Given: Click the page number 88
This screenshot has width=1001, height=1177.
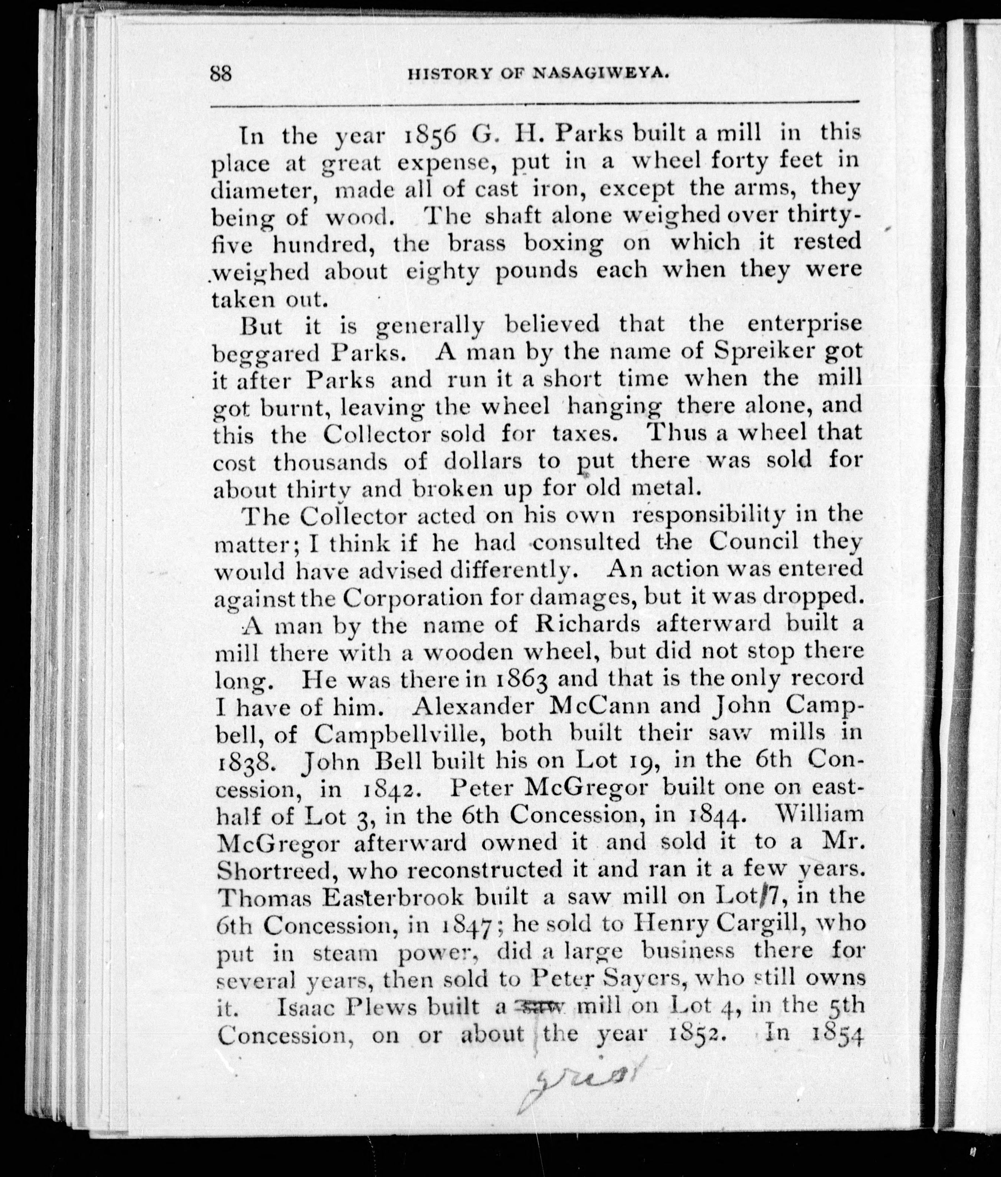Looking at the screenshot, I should point(221,74).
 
